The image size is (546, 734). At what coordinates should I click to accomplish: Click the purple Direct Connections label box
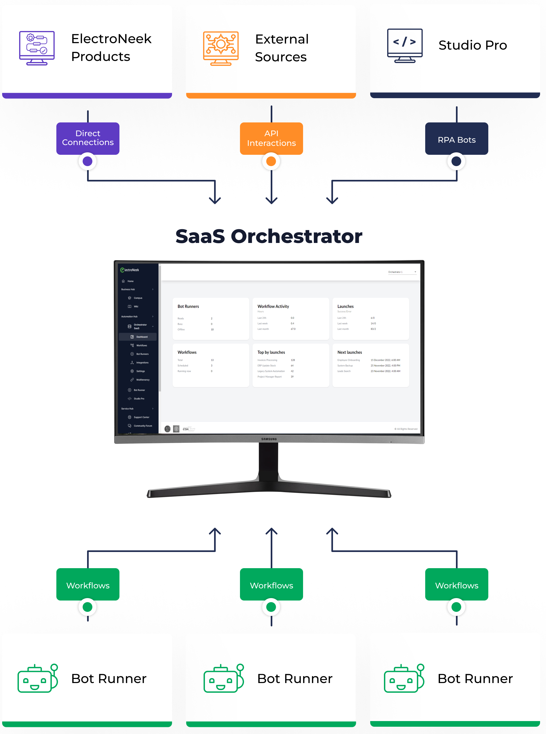(x=88, y=138)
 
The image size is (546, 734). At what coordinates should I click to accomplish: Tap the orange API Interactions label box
(x=271, y=138)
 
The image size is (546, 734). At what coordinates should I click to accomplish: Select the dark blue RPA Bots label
(x=456, y=139)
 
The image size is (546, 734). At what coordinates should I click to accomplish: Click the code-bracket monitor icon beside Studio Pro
(x=404, y=46)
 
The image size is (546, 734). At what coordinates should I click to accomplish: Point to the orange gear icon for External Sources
(x=221, y=48)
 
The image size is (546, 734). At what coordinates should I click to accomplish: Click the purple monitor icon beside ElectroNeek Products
(x=37, y=48)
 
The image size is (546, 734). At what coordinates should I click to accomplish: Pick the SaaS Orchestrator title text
(x=269, y=236)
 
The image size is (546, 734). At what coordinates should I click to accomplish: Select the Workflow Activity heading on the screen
(x=273, y=306)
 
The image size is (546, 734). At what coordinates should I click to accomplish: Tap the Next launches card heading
(x=349, y=352)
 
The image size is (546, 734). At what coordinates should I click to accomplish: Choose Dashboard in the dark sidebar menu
(x=142, y=337)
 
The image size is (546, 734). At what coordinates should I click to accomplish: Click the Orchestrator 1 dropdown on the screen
(x=401, y=272)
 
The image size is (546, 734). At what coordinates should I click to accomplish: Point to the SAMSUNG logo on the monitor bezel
(x=269, y=439)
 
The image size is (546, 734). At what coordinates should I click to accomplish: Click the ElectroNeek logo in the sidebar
(x=130, y=270)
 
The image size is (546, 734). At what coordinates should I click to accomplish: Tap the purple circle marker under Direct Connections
(x=88, y=161)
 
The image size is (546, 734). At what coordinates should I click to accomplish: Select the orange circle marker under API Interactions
(x=271, y=161)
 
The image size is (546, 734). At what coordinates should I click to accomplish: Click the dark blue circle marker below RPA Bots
(x=456, y=161)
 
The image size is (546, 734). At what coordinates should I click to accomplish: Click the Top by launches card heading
(x=271, y=352)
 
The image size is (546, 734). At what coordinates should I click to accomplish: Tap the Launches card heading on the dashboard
(x=345, y=306)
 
